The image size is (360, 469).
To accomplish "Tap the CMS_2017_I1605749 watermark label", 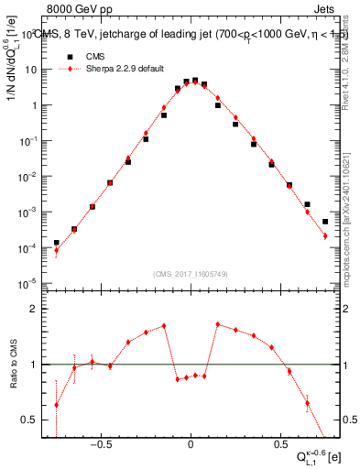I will point(191,274).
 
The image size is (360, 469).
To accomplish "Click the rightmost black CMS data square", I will point(325,222).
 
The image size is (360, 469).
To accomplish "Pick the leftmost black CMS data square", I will point(57,243).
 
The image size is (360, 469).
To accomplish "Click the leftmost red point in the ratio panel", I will point(57,405).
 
